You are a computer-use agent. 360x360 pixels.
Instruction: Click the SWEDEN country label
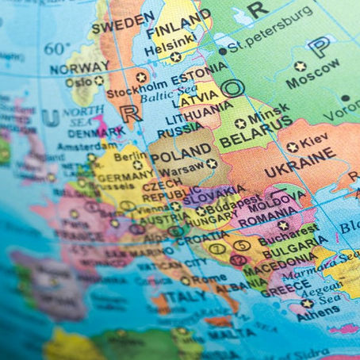click(x=122, y=23)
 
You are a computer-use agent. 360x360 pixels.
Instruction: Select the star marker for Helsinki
click(x=175, y=57)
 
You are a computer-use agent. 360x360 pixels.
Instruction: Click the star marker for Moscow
click(x=300, y=67)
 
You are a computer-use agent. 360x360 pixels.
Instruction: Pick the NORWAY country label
click(x=79, y=68)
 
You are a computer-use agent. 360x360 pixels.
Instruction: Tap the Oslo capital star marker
click(x=99, y=81)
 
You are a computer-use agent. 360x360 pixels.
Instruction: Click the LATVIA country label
click(x=199, y=101)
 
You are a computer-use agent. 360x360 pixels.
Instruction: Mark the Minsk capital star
click(x=239, y=124)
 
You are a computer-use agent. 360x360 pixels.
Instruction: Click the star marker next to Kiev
click(x=292, y=147)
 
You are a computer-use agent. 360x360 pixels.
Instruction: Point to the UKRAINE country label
click(x=301, y=169)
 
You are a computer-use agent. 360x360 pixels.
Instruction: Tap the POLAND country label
click(x=180, y=155)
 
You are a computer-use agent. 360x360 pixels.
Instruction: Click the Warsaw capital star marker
click(x=211, y=164)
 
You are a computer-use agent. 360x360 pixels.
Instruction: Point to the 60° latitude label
click(x=56, y=49)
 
